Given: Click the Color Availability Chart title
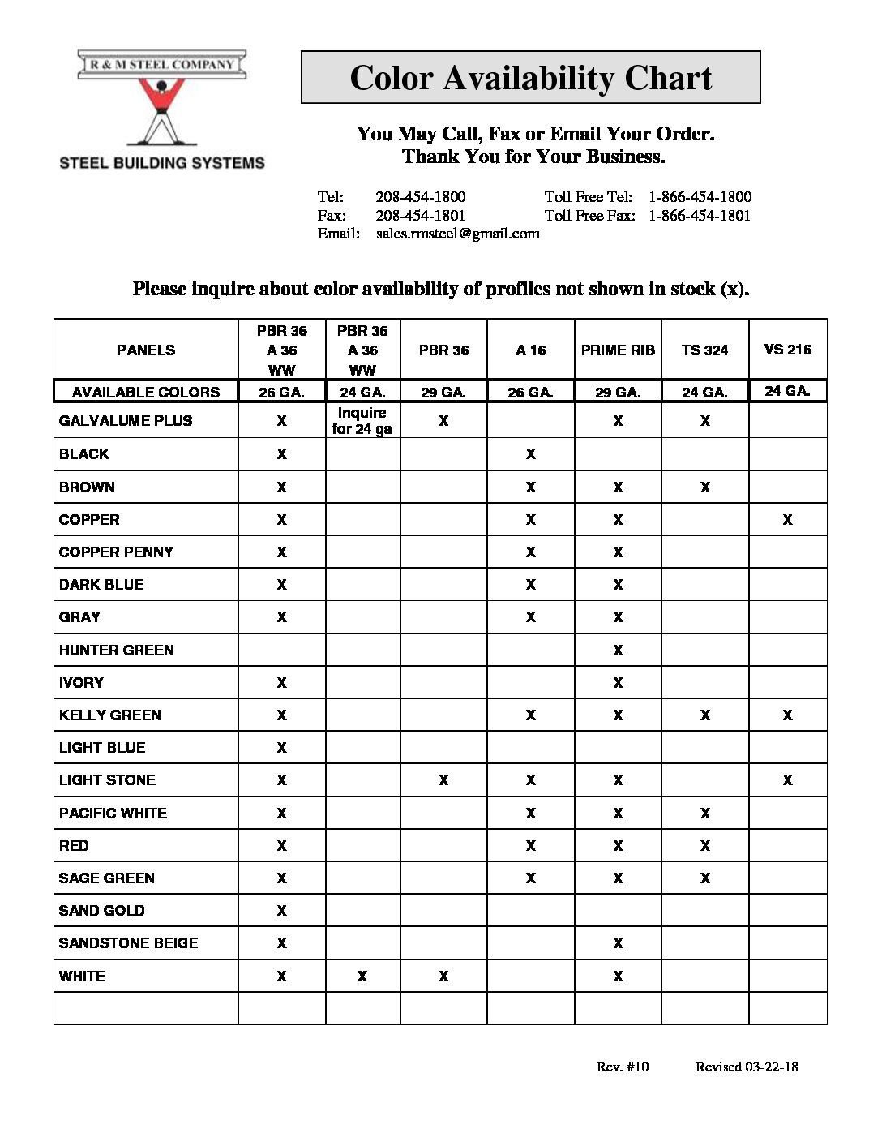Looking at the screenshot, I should point(530,78).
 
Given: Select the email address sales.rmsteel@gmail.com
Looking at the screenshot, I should point(457,234).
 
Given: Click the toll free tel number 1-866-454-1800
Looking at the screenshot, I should point(700,197).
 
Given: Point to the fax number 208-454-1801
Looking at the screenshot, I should point(420,216).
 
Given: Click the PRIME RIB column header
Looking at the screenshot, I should point(618,350).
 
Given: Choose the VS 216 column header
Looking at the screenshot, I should point(787,350).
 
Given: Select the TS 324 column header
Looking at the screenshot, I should point(704,350).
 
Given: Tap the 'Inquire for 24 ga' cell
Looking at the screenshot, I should point(362,421).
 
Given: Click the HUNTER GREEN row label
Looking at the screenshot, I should point(117,650).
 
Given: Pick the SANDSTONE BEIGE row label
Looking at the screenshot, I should point(128,943).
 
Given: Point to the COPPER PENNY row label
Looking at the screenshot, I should point(116,552).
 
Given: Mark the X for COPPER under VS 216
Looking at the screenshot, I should point(787,520).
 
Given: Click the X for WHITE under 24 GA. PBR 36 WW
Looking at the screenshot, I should point(362,977).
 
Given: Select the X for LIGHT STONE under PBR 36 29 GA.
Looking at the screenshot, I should point(443,780).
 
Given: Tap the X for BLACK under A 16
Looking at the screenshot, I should point(530,454).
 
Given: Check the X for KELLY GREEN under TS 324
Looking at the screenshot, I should point(704,715).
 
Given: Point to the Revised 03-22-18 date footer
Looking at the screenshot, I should point(746,1067).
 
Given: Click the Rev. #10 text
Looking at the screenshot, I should point(623,1067).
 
